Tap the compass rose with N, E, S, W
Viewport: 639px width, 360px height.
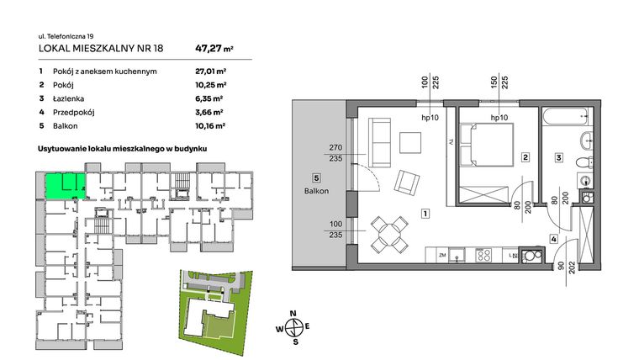pyautogui.click(x=293, y=328)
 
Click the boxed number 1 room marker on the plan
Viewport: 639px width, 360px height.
pyautogui.click(x=426, y=214)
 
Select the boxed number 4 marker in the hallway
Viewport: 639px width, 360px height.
pyautogui.click(x=553, y=239)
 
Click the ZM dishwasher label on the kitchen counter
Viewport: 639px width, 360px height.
pyautogui.click(x=441, y=254)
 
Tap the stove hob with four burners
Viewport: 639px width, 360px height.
pyautogui.click(x=485, y=254)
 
